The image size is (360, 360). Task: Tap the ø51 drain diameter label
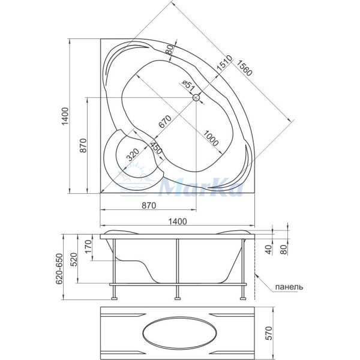[189, 88]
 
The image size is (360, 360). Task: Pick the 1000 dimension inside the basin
[210, 137]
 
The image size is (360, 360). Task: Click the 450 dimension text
[156, 148]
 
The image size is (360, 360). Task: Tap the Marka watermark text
[201, 189]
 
